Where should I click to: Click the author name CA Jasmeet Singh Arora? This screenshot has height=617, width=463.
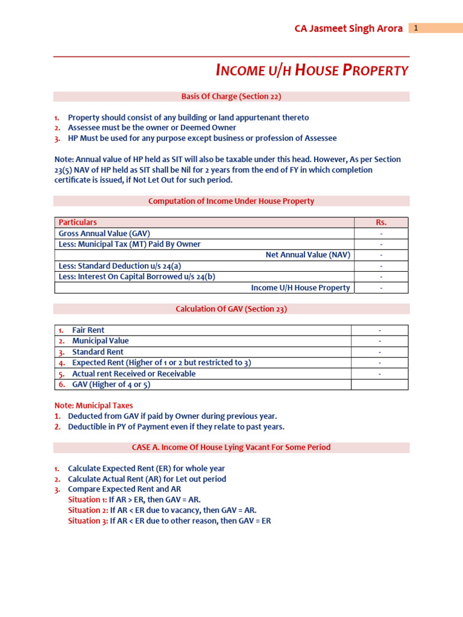pyautogui.click(x=348, y=29)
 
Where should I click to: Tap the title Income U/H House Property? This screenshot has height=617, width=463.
pyautogui.click(x=312, y=70)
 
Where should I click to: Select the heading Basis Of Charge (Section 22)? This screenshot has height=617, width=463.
pyautogui.click(x=231, y=96)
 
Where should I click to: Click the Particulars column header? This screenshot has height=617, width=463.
pyautogui.click(x=77, y=222)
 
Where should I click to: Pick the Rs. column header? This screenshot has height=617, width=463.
pyautogui.click(x=381, y=222)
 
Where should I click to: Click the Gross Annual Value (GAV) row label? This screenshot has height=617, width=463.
pyautogui.click(x=104, y=233)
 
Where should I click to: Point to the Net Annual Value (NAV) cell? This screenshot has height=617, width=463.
pyautogui.click(x=307, y=255)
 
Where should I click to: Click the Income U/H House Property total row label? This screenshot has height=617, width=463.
pyautogui.click(x=300, y=287)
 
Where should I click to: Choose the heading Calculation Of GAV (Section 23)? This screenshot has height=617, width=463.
pyautogui.click(x=231, y=308)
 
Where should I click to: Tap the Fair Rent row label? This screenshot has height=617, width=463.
pyautogui.click(x=88, y=330)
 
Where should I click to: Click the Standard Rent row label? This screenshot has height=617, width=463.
pyautogui.click(x=98, y=352)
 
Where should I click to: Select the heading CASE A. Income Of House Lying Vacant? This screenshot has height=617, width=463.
pyautogui.click(x=231, y=448)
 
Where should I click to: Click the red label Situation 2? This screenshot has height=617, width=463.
pyautogui.click(x=87, y=510)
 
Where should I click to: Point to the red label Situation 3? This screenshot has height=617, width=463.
pyautogui.click(x=87, y=521)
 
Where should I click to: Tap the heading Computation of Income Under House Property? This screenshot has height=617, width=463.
pyautogui.click(x=231, y=201)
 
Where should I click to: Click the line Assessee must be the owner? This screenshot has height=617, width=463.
pyautogui.click(x=152, y=128)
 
